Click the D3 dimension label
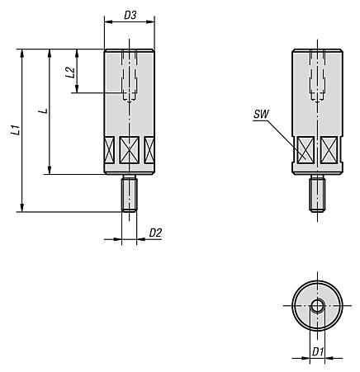click(130, 15)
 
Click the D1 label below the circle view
click(317, 352)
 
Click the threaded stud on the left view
click(129, 195)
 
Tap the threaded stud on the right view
click(317, 195)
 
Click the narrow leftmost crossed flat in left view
click(109, 149)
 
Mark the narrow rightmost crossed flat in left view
click(149, 149)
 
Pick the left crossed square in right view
click(306, 150)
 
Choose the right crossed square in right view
click(328, 150)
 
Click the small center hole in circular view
click(317, 306)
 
